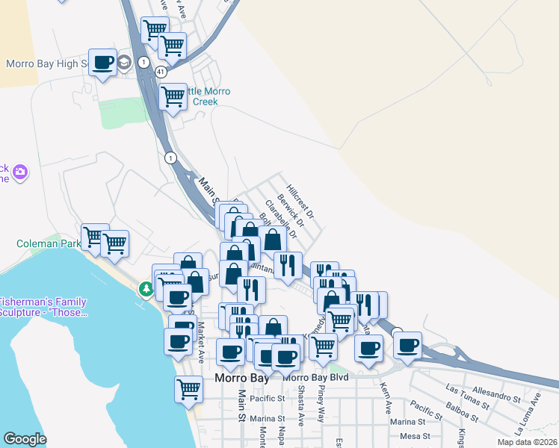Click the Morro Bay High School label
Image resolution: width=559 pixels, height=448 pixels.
tap(46, 63)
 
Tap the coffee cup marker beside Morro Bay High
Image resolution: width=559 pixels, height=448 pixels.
tap(103, 62)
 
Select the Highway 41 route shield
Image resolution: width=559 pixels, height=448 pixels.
tap(161, 71)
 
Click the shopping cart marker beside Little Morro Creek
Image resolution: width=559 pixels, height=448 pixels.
tap(173, 96)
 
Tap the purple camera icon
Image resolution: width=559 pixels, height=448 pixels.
tap(20, 172)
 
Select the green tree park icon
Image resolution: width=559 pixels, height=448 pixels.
tap(144, 288)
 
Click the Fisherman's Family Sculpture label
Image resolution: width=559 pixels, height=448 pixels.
tap(43, 308)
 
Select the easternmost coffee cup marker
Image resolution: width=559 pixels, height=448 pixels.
tap(407, 345)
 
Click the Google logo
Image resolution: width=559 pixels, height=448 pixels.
tap(25, 439)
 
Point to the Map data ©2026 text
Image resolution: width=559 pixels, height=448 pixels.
tap(527, 442)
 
